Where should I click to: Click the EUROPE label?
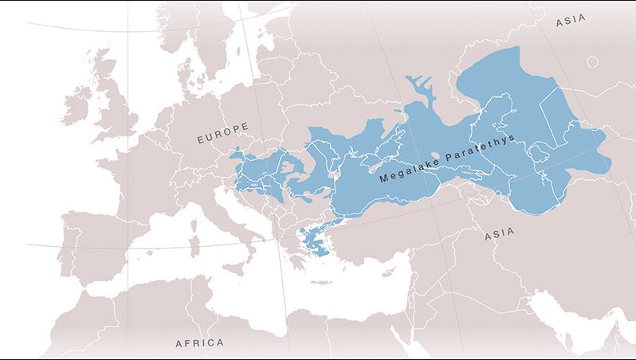coord(222,134)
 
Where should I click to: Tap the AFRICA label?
coord(198,343)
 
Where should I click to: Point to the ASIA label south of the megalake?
coord(500,234)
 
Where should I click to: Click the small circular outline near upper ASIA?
coord(592,61)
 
